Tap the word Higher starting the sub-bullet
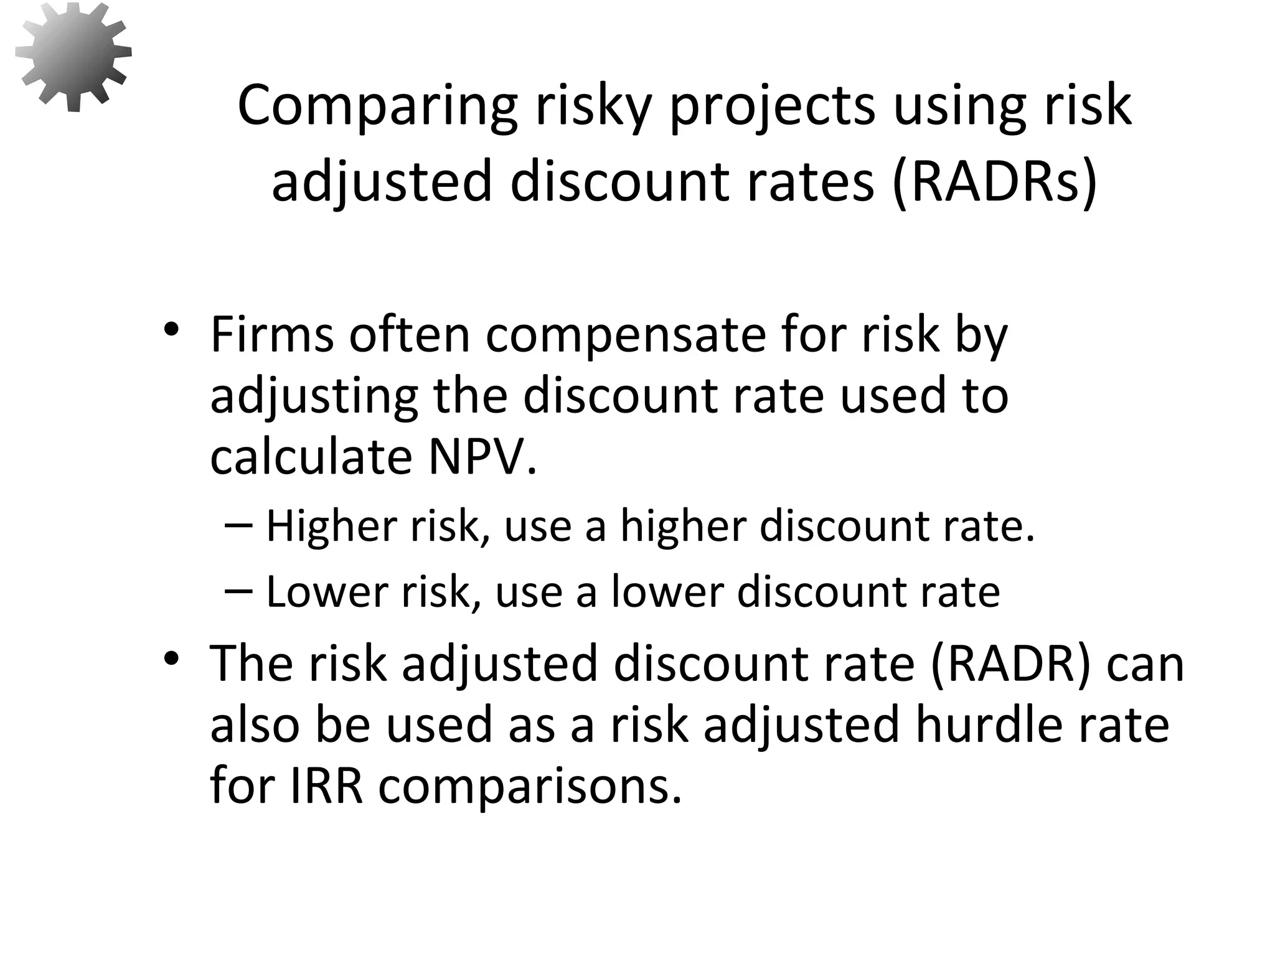[x=331, y=527]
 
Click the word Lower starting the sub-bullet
[x=326, y=592]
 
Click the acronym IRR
[x=326, y=785]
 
